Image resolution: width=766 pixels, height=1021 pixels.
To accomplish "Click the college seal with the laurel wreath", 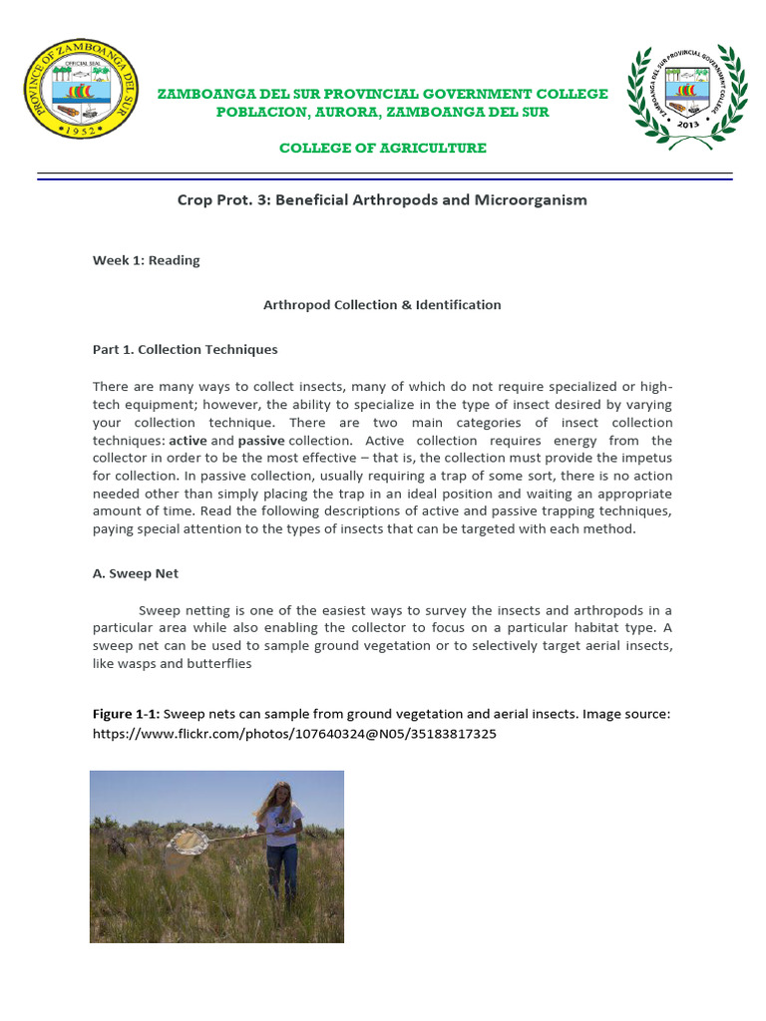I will pos(685,97).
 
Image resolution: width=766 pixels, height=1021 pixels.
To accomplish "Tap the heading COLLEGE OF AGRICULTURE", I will pos(383,148).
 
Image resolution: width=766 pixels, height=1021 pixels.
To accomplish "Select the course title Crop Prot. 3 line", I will pos(382,199).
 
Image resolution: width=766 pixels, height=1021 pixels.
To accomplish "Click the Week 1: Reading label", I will pos(147,260).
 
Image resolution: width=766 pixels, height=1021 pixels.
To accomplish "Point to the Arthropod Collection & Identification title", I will pos(382,305).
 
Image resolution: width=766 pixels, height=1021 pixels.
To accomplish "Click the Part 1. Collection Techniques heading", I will pos(186,350).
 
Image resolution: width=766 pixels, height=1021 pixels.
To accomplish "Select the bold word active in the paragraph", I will pos(188,440).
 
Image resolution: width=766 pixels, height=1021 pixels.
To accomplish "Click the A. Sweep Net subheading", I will pos(136,574).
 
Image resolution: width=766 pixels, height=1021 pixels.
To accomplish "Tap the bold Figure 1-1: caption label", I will pos(126,714).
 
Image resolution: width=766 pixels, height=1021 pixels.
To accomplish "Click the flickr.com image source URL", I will pos(294,734).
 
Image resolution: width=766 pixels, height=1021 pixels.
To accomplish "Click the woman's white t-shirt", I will pos(281,829).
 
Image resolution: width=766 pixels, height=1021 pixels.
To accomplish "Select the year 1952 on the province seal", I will pos(81,131).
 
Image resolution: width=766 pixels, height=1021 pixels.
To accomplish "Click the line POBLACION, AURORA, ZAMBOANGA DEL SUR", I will pos(383,112).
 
